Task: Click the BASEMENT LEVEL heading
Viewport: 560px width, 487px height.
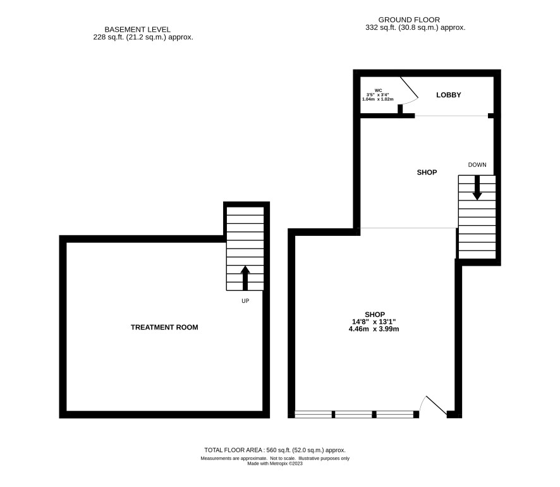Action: click(138, 30)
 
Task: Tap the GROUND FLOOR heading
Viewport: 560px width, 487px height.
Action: click(409, 20)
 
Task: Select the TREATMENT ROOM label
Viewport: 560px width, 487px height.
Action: click(164, 327)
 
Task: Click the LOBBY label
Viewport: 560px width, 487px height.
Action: click(449, 95)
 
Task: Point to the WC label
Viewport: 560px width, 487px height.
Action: click(378, 90)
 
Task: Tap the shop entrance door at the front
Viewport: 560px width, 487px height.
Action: click(433, 406)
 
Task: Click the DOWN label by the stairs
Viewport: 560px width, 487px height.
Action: click(477, 164)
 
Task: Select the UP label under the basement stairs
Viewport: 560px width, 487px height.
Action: click(245, 301)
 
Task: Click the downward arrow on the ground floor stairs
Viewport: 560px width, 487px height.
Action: click(477, 188)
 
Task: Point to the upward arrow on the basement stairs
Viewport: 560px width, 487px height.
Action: click(245, 278)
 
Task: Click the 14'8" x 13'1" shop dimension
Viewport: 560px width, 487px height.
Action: click(375, 321)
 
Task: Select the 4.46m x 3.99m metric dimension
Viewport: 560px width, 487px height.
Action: click(374, 329)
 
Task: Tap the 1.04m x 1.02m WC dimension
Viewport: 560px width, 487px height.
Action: click(378, 99)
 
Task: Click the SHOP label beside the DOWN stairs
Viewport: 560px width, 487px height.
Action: click(427, 173)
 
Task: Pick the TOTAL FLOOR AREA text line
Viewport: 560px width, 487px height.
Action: click(275, 450)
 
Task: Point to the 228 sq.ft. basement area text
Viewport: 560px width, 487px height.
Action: click(143, 37)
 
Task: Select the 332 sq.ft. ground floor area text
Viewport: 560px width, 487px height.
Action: click(415, 27)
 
